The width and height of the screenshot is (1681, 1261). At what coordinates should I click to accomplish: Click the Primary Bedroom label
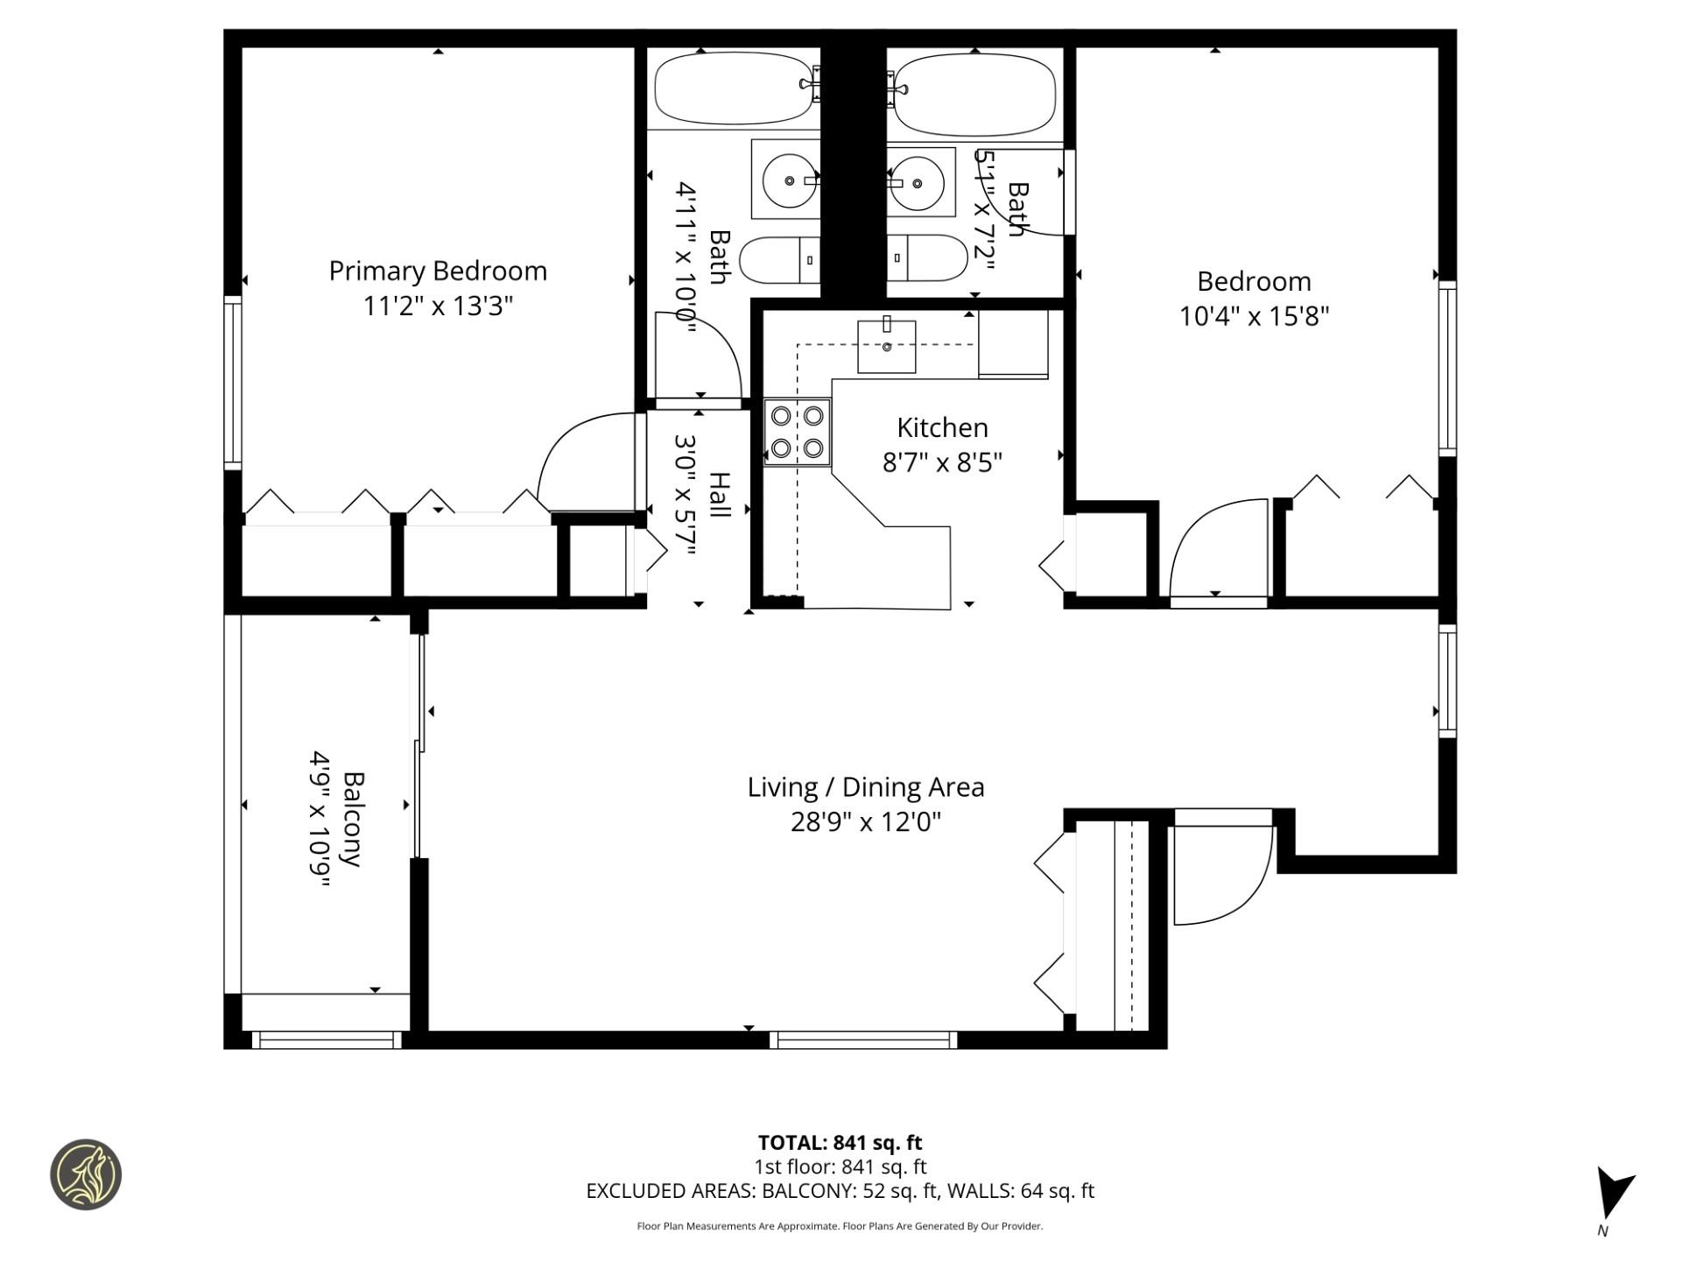[x=438, y=271]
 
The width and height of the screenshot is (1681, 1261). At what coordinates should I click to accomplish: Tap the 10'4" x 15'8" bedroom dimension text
[x=1254, y=315]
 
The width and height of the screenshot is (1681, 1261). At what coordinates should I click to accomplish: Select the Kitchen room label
[x=942, y=427]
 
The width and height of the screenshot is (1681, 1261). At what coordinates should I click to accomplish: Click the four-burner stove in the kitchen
[x=797, y=432]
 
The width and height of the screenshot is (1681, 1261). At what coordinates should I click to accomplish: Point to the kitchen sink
[x=886, y=347]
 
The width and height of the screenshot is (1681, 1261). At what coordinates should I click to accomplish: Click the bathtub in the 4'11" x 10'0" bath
[x=734, y=88]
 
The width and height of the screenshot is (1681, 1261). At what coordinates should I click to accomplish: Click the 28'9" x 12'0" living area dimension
[x=865, y=822]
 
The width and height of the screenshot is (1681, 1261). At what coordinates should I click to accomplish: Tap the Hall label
[x=719, y=495]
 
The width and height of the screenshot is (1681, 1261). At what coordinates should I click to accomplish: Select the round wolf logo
[x=86, y=1174]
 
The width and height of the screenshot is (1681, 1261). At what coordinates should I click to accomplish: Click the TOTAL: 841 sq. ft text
[x=840, y=1143]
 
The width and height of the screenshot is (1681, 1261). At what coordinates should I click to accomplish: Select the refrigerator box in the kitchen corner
[x=1013, y=344]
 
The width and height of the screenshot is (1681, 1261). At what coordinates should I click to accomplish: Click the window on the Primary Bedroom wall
[x=232, y=381]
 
